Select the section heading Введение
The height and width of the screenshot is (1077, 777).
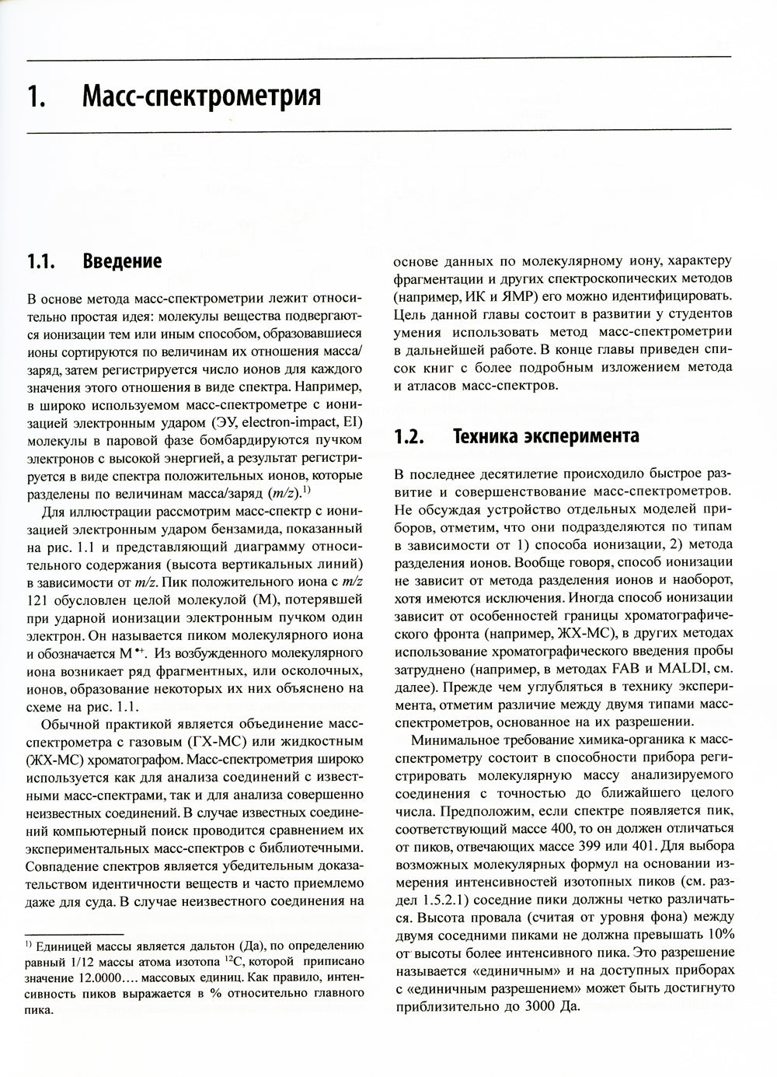click(x=122, y=261)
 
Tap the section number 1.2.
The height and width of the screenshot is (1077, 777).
click(x=409, y=436)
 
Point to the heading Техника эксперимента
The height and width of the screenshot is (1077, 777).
click(x=545, y=436)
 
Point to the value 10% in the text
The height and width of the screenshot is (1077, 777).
click(x=717, y=933)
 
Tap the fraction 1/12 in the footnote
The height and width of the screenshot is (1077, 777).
click(x=75, y=961)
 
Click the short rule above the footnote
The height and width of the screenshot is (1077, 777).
click(x=75, y=933)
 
